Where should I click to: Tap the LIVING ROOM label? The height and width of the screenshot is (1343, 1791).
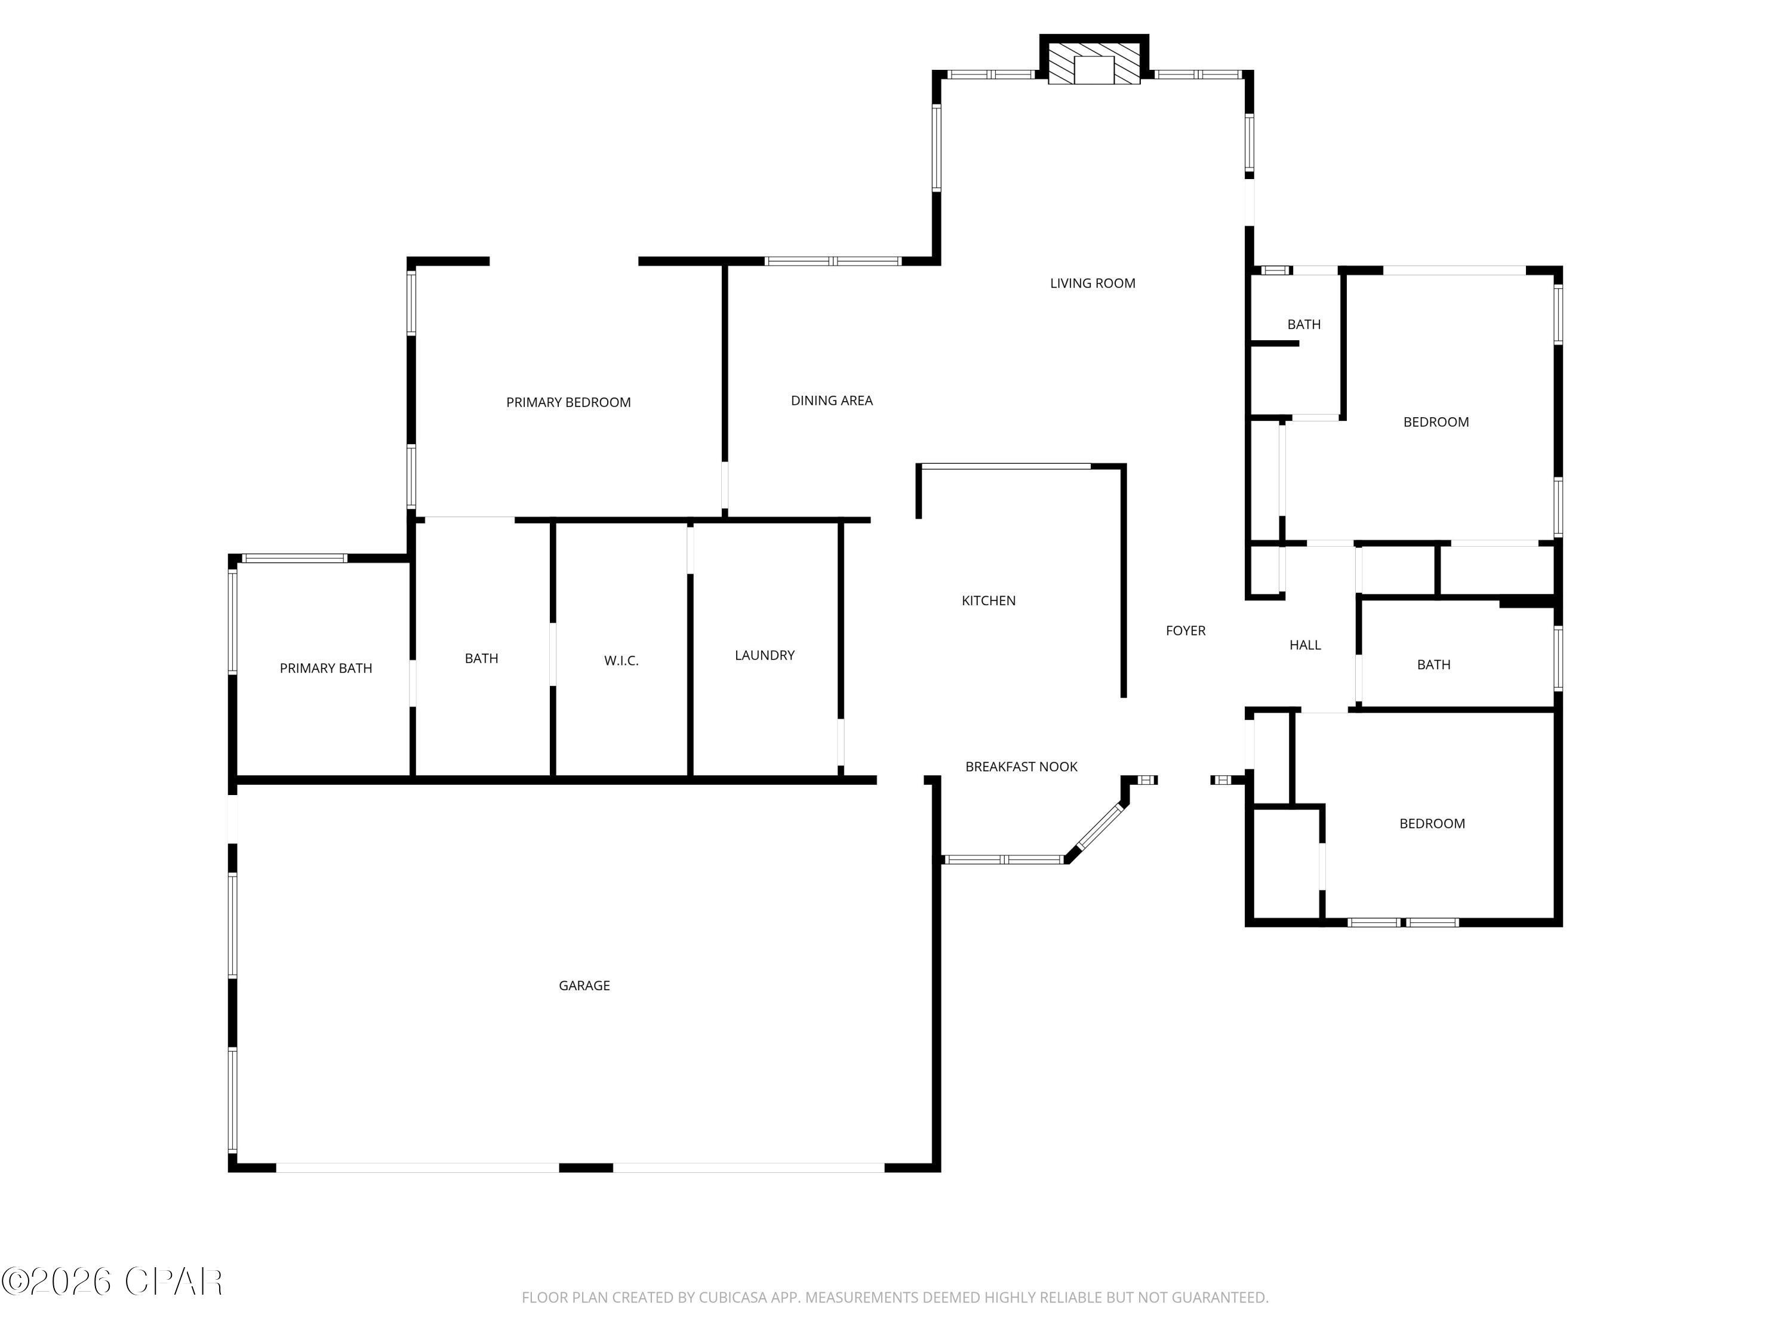click(1093, 284)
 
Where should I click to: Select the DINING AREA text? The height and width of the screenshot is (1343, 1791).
click(832, 401)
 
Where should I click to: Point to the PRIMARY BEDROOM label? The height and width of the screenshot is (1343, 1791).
click(568, 402)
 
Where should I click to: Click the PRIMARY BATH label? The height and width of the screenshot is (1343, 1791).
click(325, 669)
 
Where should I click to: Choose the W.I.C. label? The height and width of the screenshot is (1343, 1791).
click(621, 661)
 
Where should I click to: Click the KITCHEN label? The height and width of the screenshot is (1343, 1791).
click(988, 600)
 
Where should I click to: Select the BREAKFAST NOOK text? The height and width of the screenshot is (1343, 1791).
click(1021, 766)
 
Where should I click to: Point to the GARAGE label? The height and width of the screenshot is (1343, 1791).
click(584, 986)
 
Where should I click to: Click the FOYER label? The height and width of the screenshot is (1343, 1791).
click(1186, 631)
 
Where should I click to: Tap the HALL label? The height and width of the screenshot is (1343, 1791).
click(1304, 645)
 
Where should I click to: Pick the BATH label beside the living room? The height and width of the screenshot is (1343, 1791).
click(1304, 325)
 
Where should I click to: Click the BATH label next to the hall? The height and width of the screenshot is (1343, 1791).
click(1433, 664)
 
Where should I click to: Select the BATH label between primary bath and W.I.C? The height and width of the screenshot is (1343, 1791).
click(481, 659)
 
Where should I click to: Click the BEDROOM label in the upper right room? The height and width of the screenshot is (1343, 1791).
click(1436, 422)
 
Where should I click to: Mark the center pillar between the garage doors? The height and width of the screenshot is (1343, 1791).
click(586, 1168)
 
